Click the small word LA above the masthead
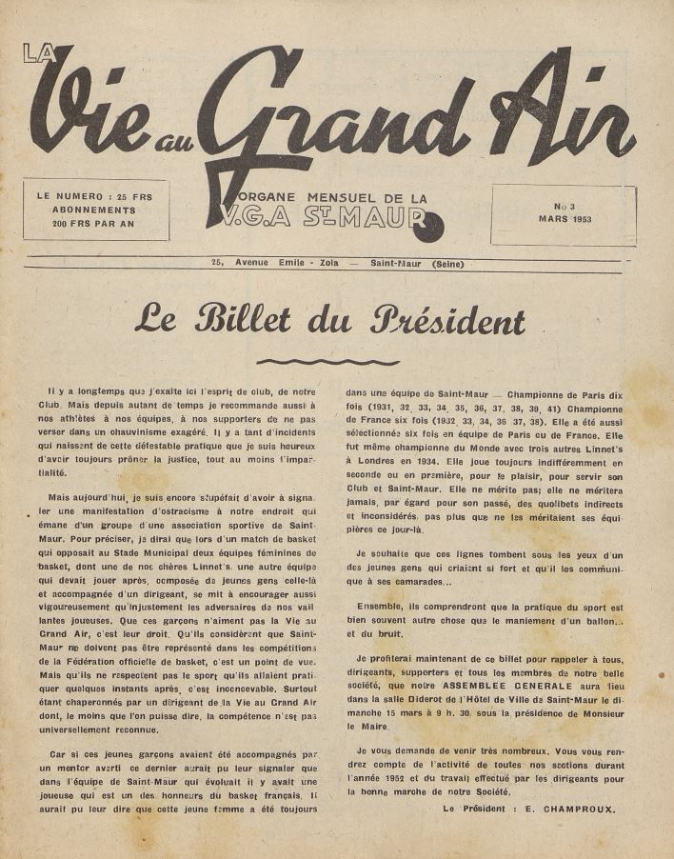pyautogui.click(x=39, y=54)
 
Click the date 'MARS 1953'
pyautogui.click(x=564, y=218)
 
